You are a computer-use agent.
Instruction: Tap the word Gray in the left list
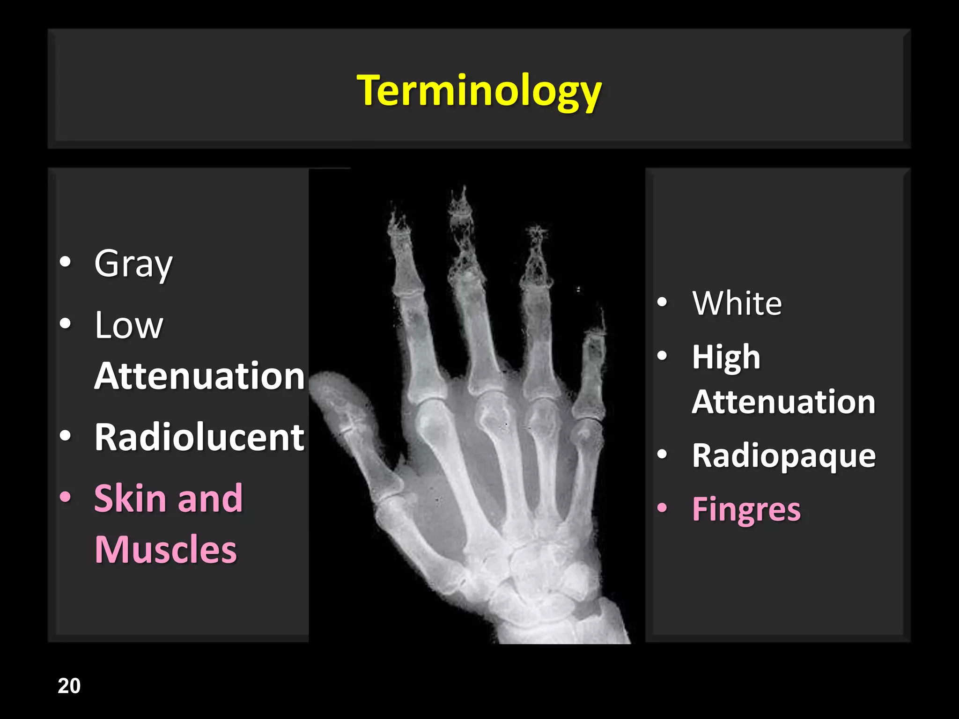click(x=133, y=264)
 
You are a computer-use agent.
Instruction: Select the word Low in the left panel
click(x=129, y=325)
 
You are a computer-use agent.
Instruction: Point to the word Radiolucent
click(x=199, y=437)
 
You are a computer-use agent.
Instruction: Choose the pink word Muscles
click(x=166, y=550)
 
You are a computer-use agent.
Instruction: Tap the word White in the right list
click(x=737, y=303)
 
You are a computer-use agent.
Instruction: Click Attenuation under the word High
click(x=783, y=402)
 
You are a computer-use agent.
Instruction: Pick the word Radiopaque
click(x=783, y=456)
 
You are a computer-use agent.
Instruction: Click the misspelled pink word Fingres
click(x=746, y=509)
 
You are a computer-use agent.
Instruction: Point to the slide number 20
click(x=69, y=686)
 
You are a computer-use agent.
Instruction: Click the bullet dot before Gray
click(x=66, y=263)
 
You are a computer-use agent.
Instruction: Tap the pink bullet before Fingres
click(x=662, y=507)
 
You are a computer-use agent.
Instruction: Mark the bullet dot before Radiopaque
click(x=662, y=454)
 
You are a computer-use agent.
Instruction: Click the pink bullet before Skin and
click(x=66, y=497)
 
